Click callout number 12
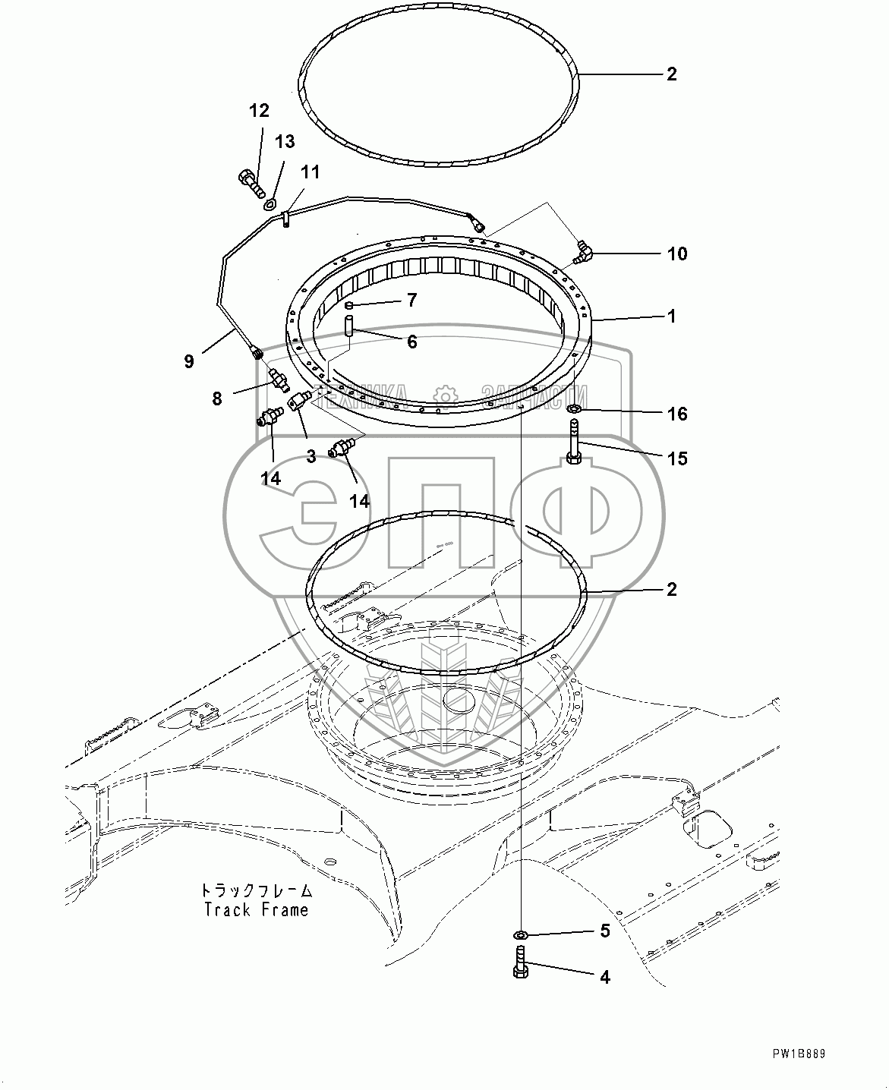[x=259, y=111]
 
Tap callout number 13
[x=284, y=142]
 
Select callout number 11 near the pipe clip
[x=310, y=173]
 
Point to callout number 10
[x=676, y=254]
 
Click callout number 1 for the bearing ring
[x=671, y=316]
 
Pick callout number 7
[x=411, y=301]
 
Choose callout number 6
[x=411, y=342]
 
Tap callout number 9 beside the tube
[x=189, y=361]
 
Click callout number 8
[x=217, y=398]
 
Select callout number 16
[x=676, y=414]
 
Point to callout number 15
[x=676, y=458]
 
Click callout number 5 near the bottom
[x=604, y=931]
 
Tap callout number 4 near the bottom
[x=604, y=977]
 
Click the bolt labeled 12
[x=247, y=182]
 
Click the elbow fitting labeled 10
[x=583, y=251]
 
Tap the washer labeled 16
[x=575, y=411]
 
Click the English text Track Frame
[x=257, y=909]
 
